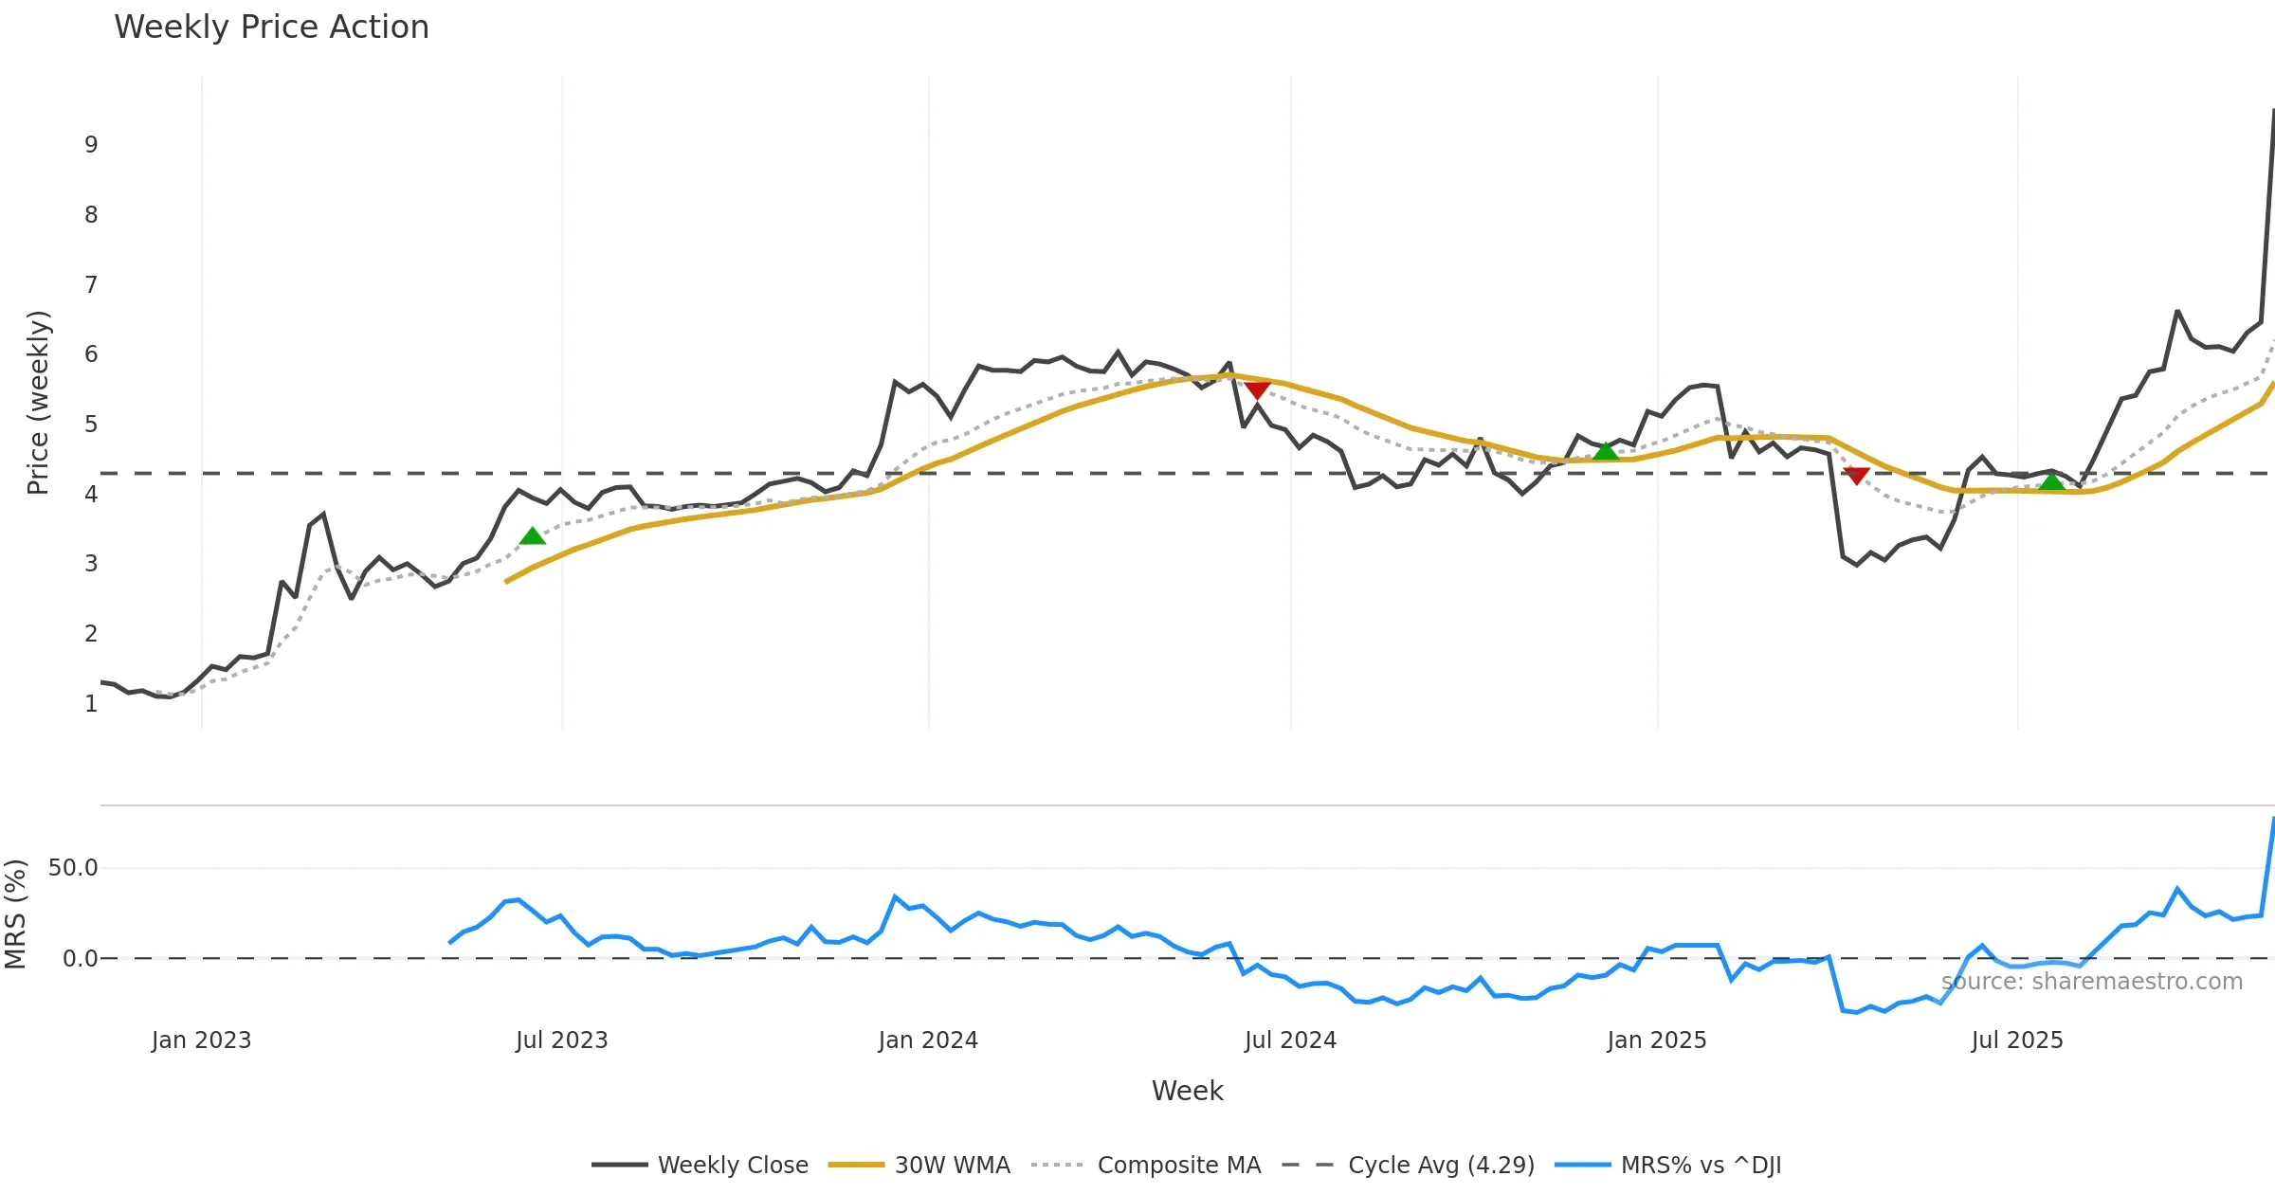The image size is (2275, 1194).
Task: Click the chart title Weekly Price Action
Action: (x=271, y=27)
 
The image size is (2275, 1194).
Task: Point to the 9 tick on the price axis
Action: (x=91, y=145)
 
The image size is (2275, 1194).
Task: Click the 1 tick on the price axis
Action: (x=91, y=704)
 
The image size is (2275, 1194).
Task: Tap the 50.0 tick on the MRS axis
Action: (x=73, y=868)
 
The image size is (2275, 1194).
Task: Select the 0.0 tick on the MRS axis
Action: (x=80, y=959)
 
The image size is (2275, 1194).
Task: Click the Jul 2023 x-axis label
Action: (x=561, y=1040)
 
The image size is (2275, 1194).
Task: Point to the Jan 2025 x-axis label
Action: (x=1656, y=1040)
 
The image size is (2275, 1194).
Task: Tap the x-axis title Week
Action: (x=1187, y=1091)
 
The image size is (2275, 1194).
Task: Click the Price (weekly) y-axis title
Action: (x=38, y=403)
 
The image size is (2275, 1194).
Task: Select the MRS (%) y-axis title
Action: (x=15, y=914)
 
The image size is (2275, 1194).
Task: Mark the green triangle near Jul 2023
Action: (x=533, y=536)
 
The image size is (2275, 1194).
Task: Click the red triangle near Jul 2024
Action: (x=1257, y=390)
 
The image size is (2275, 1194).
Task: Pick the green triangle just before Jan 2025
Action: (x=1605, y=451)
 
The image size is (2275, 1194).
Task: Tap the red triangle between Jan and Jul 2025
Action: (x=1856, y=475)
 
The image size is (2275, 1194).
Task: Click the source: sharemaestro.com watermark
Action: (x=2091, y=982)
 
